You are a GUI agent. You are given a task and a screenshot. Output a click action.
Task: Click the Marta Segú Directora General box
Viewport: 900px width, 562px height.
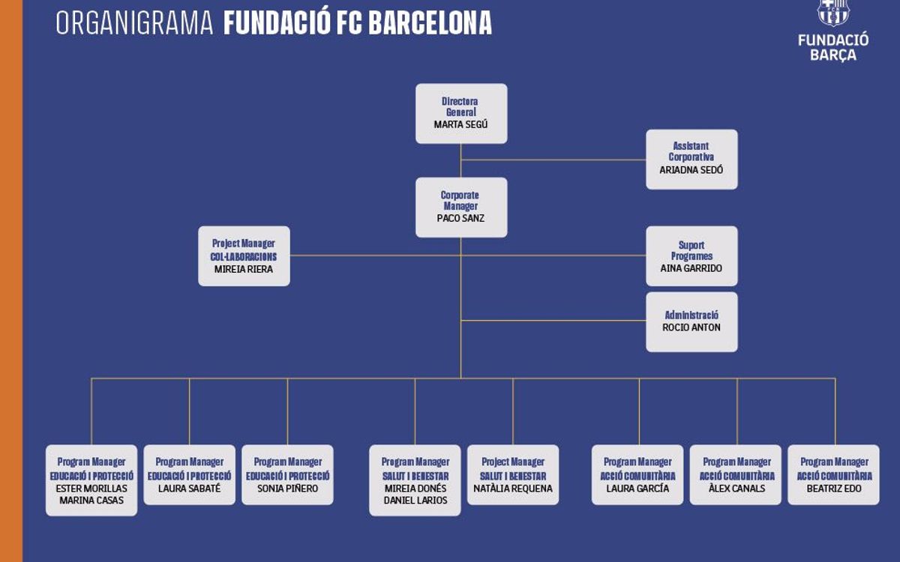coord(461,113)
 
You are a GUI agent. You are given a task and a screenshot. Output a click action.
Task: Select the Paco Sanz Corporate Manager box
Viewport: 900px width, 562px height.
coord(461,208)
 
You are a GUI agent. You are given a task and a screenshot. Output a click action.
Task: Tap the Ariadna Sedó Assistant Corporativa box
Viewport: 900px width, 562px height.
coord(691,159)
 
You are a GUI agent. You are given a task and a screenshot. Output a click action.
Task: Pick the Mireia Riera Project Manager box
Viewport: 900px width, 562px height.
coord(244,256)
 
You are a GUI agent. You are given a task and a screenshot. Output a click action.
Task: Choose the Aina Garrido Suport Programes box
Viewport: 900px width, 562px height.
coord(691,256)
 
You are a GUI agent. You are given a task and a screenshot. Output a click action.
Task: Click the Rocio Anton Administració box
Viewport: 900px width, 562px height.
coord(691,321)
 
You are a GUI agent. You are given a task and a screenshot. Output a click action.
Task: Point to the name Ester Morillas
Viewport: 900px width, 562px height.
coord(91,489)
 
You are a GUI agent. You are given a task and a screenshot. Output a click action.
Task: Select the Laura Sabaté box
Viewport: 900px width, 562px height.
coord(189,475)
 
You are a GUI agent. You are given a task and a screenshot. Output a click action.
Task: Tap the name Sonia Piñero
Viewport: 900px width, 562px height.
coord(287,489)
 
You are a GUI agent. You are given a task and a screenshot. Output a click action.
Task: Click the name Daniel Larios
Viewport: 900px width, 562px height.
coord(415,501)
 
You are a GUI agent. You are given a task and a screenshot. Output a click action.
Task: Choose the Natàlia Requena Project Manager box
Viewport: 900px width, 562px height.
coord(513,475)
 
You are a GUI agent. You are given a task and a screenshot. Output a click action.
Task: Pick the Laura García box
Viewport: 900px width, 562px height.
coord(637,475)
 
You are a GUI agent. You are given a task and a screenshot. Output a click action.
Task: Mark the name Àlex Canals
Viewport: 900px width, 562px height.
coord(736,489)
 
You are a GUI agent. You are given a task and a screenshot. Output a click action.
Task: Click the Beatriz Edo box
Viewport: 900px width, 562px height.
coord(833,475)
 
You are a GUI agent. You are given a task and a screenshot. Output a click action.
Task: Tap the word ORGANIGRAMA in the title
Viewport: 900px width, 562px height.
coord(135,24)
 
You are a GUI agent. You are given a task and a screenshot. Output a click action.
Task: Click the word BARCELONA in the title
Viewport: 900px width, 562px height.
coord(430,24)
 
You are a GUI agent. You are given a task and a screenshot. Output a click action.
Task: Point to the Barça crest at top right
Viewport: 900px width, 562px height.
coord(832,12)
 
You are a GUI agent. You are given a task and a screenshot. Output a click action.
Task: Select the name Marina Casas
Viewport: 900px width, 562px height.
coord(91,501)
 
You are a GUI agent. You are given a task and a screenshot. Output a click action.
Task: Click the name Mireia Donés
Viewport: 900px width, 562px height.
coord(415,489)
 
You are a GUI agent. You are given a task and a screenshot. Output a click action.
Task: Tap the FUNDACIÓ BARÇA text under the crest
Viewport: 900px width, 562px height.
coord(833,47)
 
